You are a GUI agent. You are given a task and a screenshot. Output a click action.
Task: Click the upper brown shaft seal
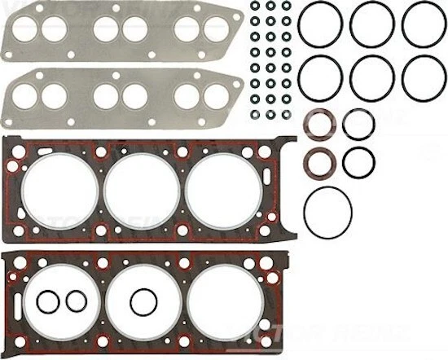(x=318, y=126)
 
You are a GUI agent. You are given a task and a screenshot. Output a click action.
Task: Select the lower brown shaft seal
(x=318, y=160)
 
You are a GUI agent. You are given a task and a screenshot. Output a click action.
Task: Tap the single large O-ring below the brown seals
(x=327, y=210)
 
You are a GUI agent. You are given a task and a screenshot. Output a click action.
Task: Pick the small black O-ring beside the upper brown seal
(x=358, y=125)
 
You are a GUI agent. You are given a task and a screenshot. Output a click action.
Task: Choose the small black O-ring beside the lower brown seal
(x=358, y=161)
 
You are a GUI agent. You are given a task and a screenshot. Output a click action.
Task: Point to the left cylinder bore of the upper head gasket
(x=49, y=191)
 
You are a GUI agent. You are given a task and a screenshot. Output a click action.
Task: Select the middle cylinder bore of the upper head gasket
(x=130, y=191)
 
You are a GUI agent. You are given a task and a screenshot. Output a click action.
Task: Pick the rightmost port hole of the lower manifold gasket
(x=217, y=97)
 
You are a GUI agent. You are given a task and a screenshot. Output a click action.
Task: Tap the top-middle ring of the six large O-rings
(x=372, y=24)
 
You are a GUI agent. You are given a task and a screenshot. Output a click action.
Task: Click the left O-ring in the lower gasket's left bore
(x=47, y=302)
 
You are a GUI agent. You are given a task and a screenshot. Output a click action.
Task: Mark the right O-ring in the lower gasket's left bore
(x=76, y=301)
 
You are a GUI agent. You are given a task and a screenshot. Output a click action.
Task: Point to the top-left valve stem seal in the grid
(x=255, y=7)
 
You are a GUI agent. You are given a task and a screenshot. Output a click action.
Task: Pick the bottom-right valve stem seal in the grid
(x=287, y=112)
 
